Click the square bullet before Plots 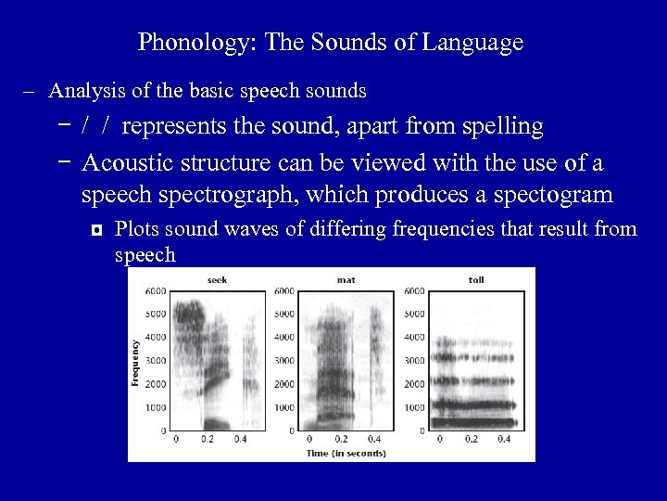coord(96,230)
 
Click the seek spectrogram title coord(217,278)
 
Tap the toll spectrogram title coord(475,278)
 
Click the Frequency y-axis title coord(136,360)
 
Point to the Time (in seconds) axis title coord(347,453)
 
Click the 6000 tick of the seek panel coord(157,291)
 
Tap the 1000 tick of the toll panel coord(415,407)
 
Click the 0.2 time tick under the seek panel coord(208,439)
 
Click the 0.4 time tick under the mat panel coord(373,439)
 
